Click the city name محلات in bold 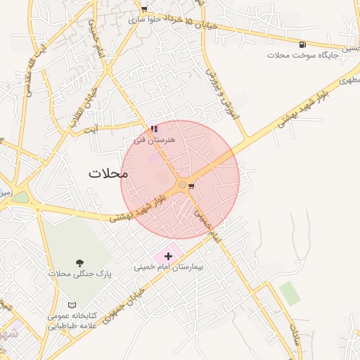(x=108, y=173)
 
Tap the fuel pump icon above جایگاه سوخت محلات (x=302, y=44)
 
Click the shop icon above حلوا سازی (x=145, y=10)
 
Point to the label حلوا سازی (x=145, y=20)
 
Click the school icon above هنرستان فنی (x=154, y=129)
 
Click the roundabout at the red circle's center (x=183, y=185)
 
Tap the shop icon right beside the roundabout (x=192, y=186)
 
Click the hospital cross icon (x=168, y=257)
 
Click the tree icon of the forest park (x=78, y=262)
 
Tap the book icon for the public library (x=72, y=305)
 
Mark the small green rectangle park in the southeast (x=289, y=293)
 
